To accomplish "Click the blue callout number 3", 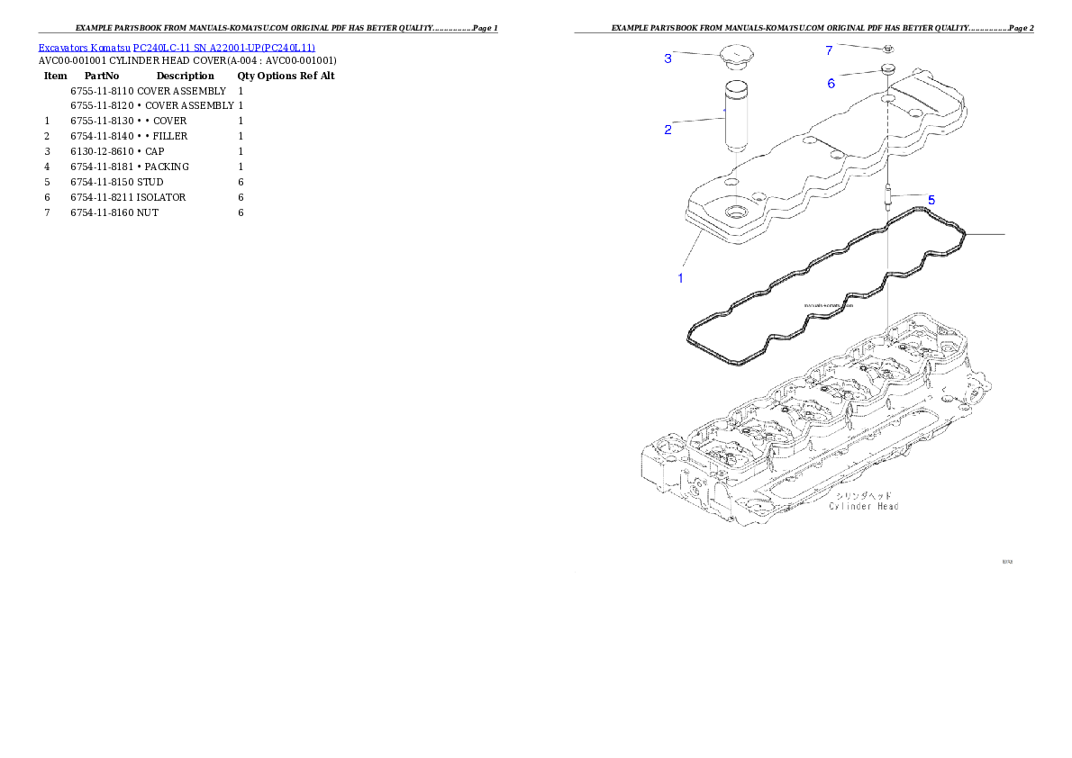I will (x=668, y=59).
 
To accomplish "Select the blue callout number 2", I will (x=668, y=130).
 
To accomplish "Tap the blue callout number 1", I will (x=680, y=278).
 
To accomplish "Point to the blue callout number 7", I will (x=829, y=50).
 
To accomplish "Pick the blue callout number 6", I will (x=831, y=83).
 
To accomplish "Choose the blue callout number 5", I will (x=931, y=199).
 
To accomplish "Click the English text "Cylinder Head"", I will (x=863, y=506).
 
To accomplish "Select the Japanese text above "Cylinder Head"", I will (x=863, y=495).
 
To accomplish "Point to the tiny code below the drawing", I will (x=1008, y=562).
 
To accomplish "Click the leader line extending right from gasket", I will (x=984, y=233).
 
